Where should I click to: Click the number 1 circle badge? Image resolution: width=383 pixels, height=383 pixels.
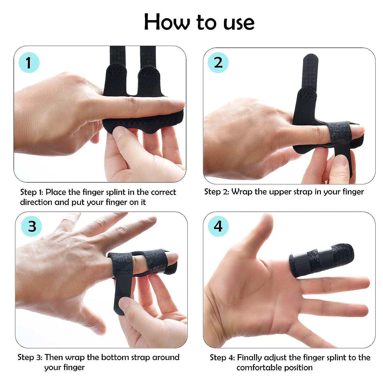(29, 63)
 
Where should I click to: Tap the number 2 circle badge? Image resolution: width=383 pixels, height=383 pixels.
(218, 63)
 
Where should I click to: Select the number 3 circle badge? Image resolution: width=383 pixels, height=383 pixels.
(32, 226)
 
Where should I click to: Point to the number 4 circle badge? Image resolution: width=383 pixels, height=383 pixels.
(218, 226)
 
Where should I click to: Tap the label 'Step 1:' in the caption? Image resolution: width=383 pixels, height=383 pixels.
(32, 192)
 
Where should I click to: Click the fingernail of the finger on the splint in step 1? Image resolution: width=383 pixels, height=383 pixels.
(176, 105)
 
